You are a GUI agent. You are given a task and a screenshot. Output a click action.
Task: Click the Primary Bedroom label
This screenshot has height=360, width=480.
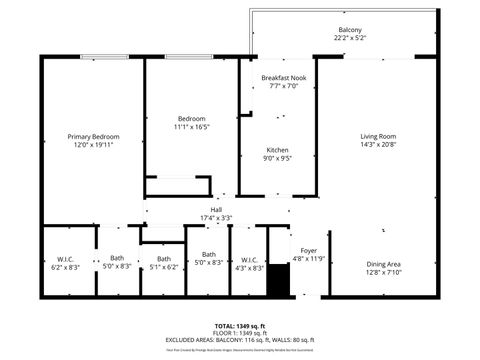93,136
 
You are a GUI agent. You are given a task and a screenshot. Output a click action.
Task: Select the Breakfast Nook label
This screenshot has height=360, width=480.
284,78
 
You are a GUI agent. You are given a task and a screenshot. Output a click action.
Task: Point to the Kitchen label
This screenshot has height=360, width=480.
277,149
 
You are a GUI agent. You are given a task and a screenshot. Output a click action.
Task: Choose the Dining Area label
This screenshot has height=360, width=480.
384,263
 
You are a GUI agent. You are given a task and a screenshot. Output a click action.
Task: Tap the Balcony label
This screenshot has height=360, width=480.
350,30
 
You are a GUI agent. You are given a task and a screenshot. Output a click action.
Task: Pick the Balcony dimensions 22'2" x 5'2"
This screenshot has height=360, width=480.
350,38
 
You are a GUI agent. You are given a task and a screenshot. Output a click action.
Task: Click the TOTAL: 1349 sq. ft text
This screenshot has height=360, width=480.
240,325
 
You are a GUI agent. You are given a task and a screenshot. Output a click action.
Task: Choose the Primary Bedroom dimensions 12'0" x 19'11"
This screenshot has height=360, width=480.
93,144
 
